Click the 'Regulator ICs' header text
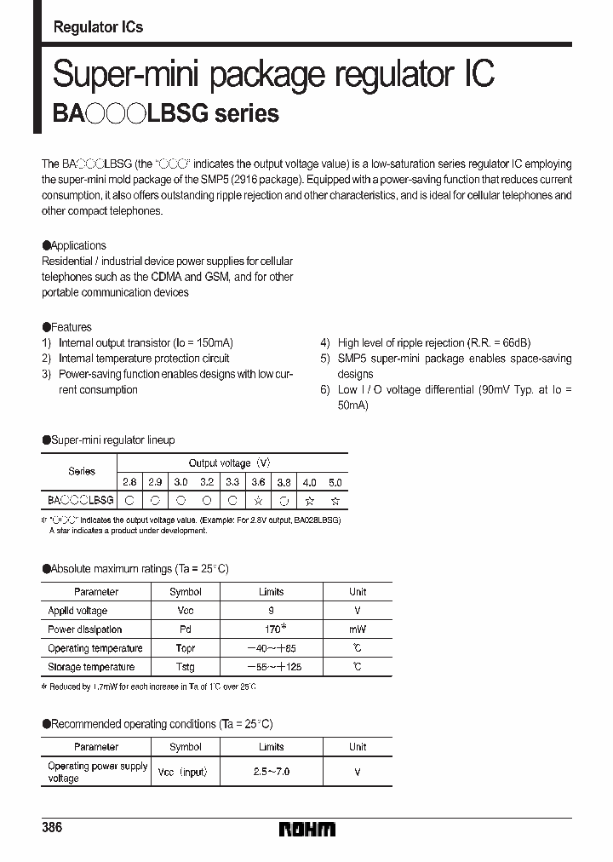point(98,26)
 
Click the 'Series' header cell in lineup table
point(82,471)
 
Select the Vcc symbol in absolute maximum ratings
point(185,611)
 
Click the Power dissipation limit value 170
point(271,629)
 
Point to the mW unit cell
point(358,629)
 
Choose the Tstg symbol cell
point(185,667)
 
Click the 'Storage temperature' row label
point(91,667)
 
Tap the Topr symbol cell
point(185,648)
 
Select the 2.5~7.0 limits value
point(271,771)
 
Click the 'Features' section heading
point(71,327)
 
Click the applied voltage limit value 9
point(271,611)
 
